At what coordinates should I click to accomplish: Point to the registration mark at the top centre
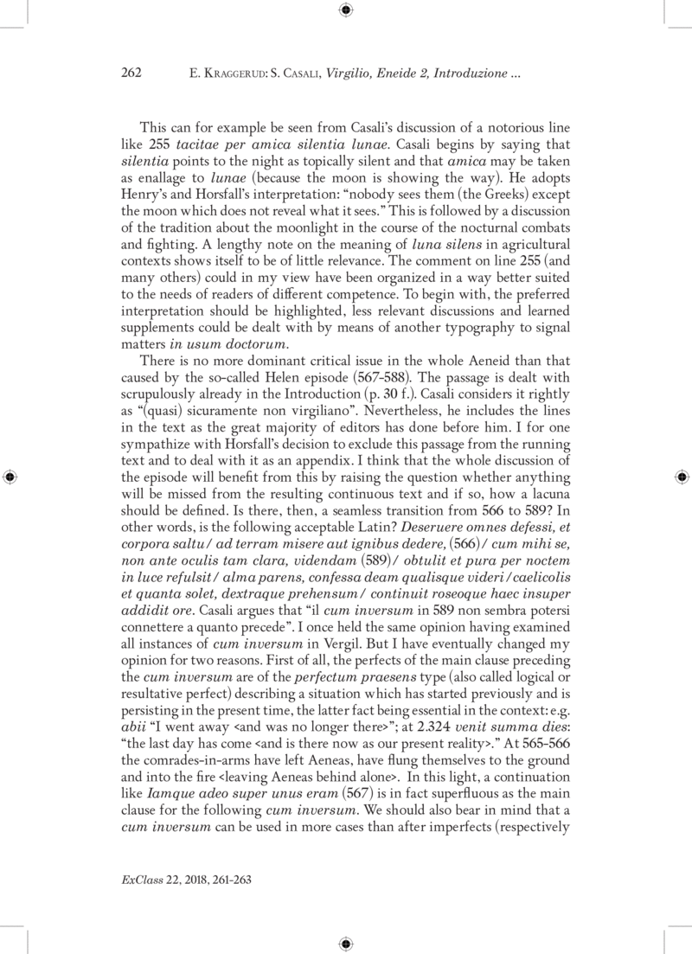(x=346, y=10)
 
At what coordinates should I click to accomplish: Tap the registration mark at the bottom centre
(x=346, y=943)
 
